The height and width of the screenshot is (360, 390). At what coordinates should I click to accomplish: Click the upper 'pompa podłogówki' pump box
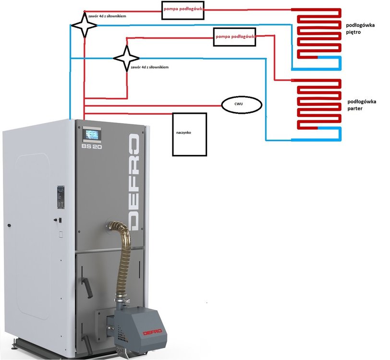(x=183, y=10)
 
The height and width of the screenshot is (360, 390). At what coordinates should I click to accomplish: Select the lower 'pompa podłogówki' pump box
(x=234, y=36)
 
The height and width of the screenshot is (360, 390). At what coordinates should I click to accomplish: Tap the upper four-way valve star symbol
(x=85, y=25)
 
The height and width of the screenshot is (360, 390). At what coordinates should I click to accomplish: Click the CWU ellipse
(x=241, y=104)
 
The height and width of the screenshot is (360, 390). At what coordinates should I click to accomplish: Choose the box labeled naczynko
(x=189, y=134)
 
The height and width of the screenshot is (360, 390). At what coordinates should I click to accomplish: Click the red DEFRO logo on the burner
(x=151, y=331)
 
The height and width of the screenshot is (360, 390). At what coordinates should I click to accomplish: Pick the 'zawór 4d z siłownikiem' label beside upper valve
(x=111, y=16)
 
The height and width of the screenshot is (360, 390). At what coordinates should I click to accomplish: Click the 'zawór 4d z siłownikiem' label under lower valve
(x=149, y=67)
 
